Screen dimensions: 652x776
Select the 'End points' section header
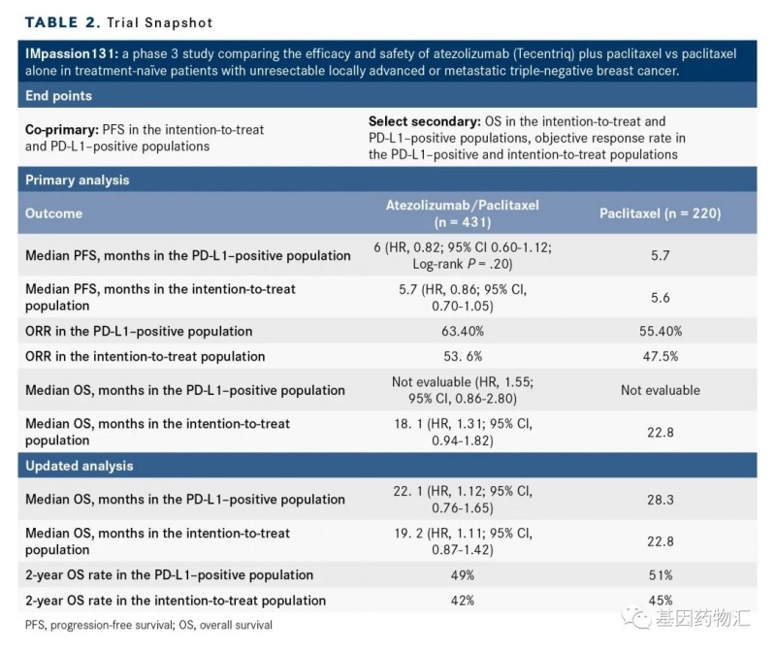[58, 96]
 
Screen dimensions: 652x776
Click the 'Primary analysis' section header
[77, 179]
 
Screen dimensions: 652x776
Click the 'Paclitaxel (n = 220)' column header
[659, 212]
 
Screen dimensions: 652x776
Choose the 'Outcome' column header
[53, 213]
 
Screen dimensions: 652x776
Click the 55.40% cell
[659, 331]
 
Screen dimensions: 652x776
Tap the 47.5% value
[659, 356]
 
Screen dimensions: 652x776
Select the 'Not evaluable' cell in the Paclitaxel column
[659, 390]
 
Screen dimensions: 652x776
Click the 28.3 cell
[659, 499]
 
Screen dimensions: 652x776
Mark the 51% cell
[659, 574]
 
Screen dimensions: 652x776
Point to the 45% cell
[659, 601]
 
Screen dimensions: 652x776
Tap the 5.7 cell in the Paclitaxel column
[659, 255]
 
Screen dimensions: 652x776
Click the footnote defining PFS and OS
[148, 626]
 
